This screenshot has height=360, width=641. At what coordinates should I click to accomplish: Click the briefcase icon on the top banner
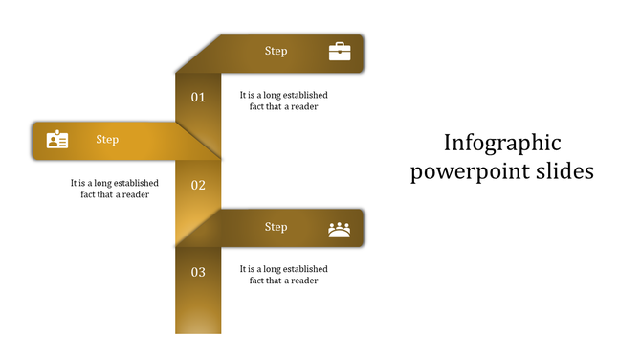click(340, 52)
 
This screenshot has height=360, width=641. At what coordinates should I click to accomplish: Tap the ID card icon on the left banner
click(57, 140)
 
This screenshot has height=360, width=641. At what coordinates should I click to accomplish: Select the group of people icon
click(340, 229)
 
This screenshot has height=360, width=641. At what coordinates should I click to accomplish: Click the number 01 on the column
click(198, 97)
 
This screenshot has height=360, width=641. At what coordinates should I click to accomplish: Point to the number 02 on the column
click(198, 185)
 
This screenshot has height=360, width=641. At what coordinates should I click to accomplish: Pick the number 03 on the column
click(198, 273)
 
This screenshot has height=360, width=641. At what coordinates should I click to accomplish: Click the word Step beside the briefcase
click(276, 51)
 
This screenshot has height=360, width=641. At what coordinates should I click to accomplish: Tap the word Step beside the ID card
click(107, 140)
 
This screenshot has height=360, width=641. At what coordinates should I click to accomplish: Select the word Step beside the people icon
click(276, 227)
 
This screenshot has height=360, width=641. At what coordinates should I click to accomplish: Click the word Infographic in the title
click(502, 144)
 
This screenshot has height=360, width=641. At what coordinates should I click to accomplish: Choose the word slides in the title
click(566, 171)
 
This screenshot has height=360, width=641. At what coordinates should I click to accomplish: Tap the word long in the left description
click(105, 183)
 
